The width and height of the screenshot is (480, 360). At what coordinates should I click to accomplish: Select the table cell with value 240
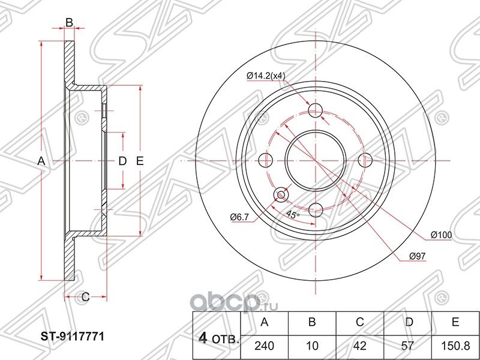(x=264, y=345)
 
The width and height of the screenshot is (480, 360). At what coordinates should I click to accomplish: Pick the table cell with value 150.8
(x=456, y=345)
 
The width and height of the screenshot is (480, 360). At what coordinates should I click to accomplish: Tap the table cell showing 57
(x=408, y=345)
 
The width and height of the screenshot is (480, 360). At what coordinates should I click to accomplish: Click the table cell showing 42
(x=360, y=345)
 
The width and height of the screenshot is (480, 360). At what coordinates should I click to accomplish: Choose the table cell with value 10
(x=312, y=345)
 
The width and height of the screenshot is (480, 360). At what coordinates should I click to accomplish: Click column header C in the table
(x=360, y=323)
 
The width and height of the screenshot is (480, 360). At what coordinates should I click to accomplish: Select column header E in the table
(x=456, y=323)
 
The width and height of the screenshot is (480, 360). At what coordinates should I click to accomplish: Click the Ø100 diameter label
(x=441, y=235)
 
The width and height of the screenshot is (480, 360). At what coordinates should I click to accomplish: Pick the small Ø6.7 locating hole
(x=280, y=194)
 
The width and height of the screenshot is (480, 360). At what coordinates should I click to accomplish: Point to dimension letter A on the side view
(x=41, y=161)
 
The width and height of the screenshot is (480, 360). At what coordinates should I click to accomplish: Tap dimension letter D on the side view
(x=122, y=161)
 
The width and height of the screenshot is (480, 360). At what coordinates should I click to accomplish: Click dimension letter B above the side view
(x=69, y=23)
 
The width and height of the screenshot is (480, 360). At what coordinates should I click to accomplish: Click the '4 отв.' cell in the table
(x=216, y=335)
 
